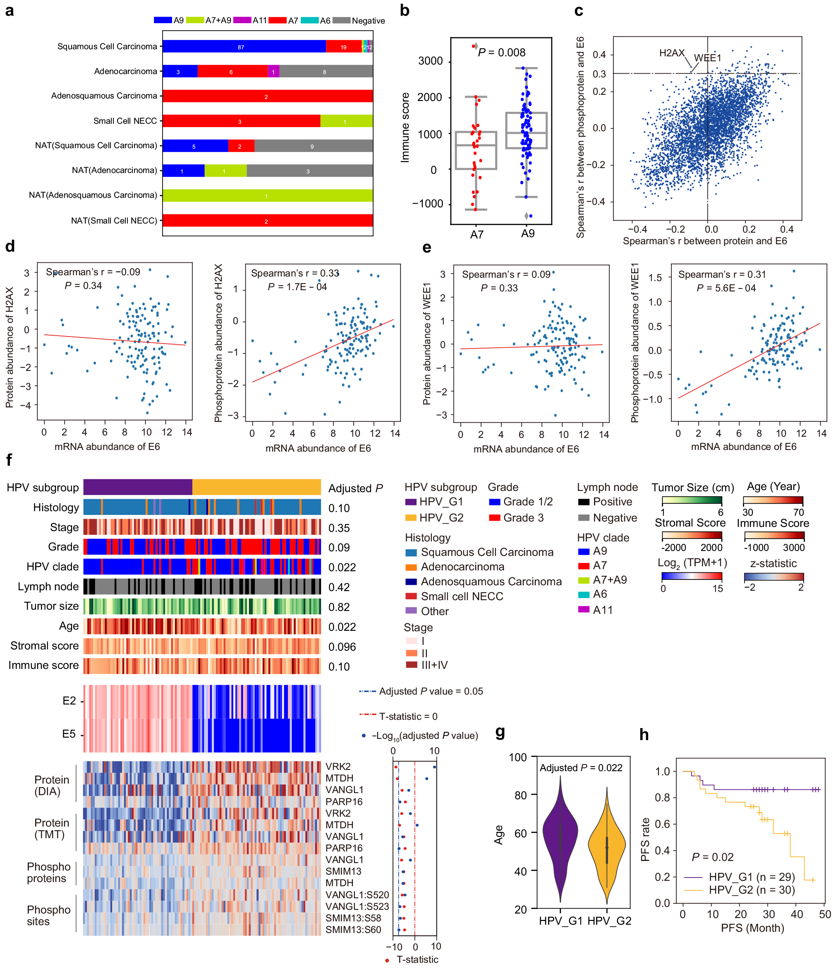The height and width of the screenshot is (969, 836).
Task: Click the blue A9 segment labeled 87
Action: coord(243,46)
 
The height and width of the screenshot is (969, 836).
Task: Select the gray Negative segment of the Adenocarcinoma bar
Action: coord(326,71)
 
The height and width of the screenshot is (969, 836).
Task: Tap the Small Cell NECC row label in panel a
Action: coord(125,120)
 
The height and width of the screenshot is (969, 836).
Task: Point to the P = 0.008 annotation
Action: coord(501,53)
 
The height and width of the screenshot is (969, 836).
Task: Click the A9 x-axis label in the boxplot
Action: coord(527,233)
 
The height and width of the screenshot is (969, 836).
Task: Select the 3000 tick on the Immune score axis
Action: coord(430,61)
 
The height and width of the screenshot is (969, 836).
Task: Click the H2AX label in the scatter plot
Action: coord(671,53)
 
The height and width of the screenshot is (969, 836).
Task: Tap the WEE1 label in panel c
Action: coord(707,58)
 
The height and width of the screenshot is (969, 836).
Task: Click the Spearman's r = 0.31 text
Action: coord(722,274)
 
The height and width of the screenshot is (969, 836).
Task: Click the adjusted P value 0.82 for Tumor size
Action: coord(339,607)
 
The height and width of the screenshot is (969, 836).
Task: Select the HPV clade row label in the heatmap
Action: coord(53,566)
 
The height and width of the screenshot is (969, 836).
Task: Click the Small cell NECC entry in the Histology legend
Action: coord(462,596)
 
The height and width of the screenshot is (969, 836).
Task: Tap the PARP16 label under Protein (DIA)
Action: coord(344,802)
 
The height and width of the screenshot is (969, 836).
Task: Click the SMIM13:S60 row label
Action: coord(353,930)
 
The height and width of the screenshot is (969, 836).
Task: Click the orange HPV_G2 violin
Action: coord(606,846)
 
